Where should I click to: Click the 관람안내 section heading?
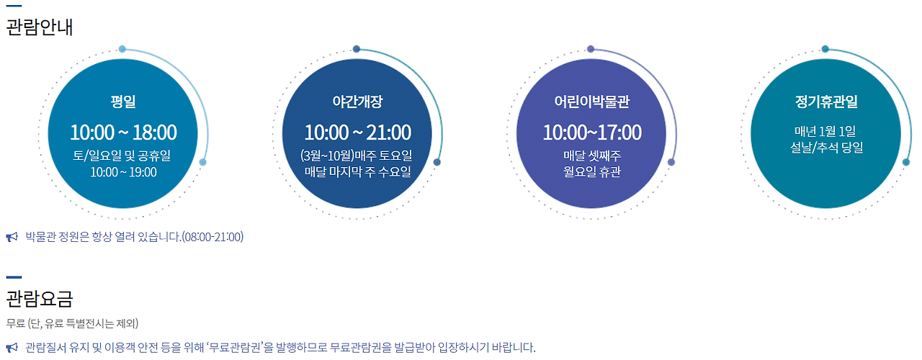40,27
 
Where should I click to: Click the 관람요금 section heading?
40,299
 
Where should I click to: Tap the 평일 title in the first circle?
123,102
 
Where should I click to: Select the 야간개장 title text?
357,102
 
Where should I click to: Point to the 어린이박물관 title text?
591,102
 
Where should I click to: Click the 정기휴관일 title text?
826,102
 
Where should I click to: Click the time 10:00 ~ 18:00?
123,132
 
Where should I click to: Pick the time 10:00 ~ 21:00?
358,132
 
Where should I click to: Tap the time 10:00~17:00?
592,132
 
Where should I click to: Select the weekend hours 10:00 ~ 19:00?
123,172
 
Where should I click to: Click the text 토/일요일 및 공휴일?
122,156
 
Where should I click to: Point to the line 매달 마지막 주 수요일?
358,171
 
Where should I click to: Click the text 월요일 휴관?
592,171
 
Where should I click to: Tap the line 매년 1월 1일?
825,131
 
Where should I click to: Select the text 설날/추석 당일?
826,148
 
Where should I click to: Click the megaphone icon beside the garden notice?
12,237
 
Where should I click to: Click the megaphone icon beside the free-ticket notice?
12,348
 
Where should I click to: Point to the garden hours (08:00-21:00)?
212,237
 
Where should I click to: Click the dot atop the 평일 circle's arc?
122,50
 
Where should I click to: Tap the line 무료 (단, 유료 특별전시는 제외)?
72,323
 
